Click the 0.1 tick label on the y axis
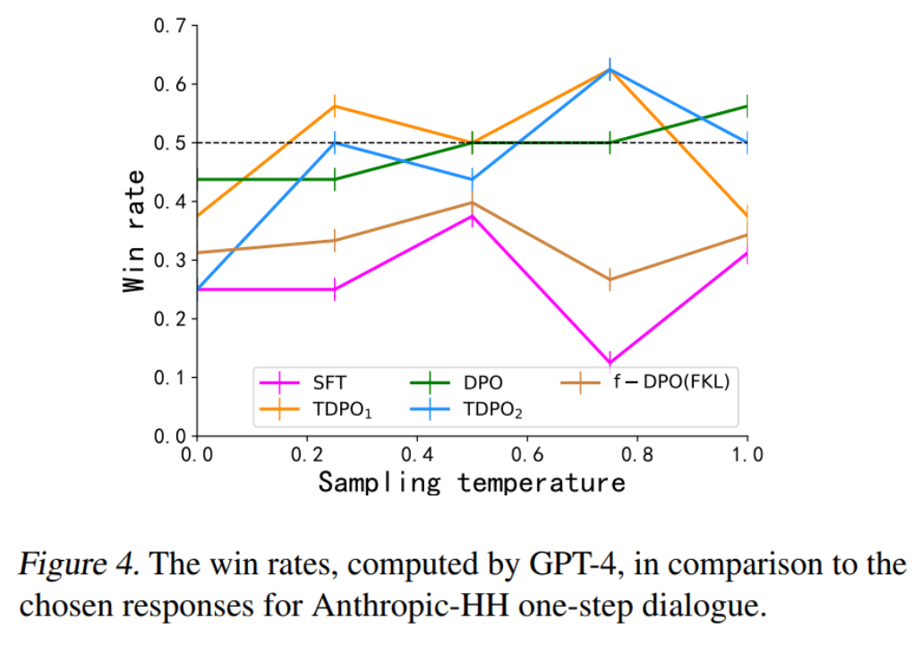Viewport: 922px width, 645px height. pos(171,377)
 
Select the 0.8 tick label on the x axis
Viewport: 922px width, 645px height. pos(637,455)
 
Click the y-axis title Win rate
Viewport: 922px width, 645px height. pos(134,231)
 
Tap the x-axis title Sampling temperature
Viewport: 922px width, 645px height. pos(472,483)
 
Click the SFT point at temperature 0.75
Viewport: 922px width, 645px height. pos(610,362)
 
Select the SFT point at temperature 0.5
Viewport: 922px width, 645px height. pos(472,216)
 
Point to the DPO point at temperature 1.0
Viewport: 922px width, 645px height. pos(747,106)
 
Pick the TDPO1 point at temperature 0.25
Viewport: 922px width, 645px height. pos(335,106)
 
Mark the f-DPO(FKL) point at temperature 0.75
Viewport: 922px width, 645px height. pos(610,279)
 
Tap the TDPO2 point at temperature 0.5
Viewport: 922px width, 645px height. pos(472,179)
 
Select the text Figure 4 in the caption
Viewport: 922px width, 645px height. pos(72,566)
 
